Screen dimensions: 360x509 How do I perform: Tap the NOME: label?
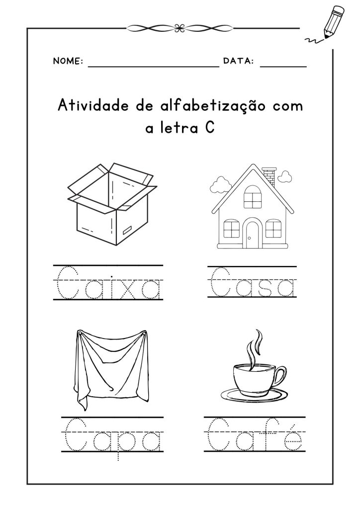tap(68, 61)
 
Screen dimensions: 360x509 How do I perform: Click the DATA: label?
tap(238, 61)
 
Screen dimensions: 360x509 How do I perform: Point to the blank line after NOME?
tap(154, 67)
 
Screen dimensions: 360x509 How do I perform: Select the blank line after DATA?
tap(283, 67)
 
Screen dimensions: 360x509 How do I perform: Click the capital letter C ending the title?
tap(210, 128)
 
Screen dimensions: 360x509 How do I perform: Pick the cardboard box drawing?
tap(112, 204)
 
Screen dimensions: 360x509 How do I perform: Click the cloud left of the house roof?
tap(220, 185)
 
